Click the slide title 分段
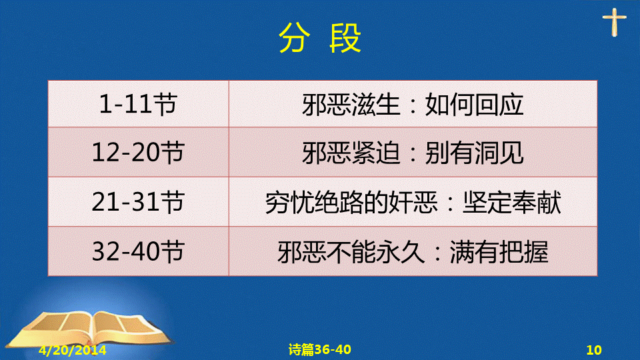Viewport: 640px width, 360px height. click(320, 38)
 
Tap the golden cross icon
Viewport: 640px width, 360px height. click(614, 23)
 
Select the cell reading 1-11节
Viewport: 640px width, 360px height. click(138, 104)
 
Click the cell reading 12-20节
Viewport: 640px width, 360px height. click(138, 152)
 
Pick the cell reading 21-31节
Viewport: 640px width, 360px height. click(138, 201)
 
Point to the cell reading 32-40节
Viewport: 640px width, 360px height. click(138, 251)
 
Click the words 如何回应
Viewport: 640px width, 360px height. click(474, 105)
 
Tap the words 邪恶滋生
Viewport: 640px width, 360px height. click(351, 105)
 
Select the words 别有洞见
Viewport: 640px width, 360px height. click(474, 153)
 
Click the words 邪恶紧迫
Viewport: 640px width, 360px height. click(351, 153)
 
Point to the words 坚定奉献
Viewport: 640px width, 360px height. click(512, 203)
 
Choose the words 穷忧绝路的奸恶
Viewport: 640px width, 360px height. click(351, 203)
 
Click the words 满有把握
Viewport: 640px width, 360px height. click(499, 252)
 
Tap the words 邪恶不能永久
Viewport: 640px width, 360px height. click(351, 252)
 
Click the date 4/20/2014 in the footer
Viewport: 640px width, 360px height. click(72, 350)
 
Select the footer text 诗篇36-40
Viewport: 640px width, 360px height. click(319, 349)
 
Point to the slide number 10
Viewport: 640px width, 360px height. click(594, 350)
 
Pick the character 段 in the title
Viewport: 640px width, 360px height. click(346, 38)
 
